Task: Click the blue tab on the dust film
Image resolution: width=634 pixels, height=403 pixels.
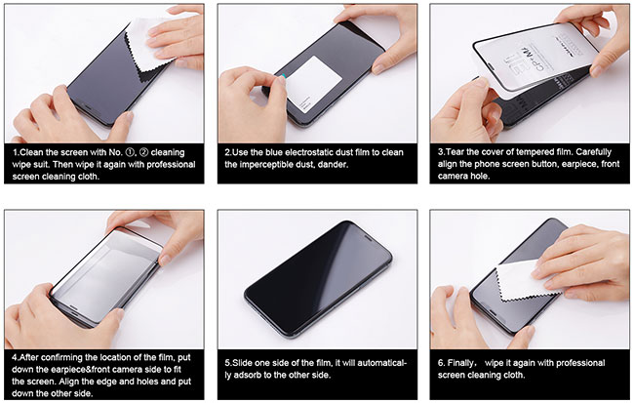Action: tap(284, 76)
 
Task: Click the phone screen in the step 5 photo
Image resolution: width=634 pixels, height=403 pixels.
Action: tap(318, 278)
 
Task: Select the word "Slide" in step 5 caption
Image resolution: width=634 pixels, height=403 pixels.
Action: tap(242, 363)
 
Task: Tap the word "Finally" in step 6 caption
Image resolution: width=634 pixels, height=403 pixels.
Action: tap(460, 363)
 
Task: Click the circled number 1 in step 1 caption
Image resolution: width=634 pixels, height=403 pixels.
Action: tap(130, 152)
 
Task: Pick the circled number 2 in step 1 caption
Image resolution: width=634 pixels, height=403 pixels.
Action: tap(143, 152)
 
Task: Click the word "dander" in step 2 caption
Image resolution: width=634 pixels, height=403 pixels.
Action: tap(333, 165)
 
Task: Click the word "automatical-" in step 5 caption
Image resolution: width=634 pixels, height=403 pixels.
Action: tap(382, 363)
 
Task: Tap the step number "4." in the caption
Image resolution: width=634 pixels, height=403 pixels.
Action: tap(16, 358)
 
